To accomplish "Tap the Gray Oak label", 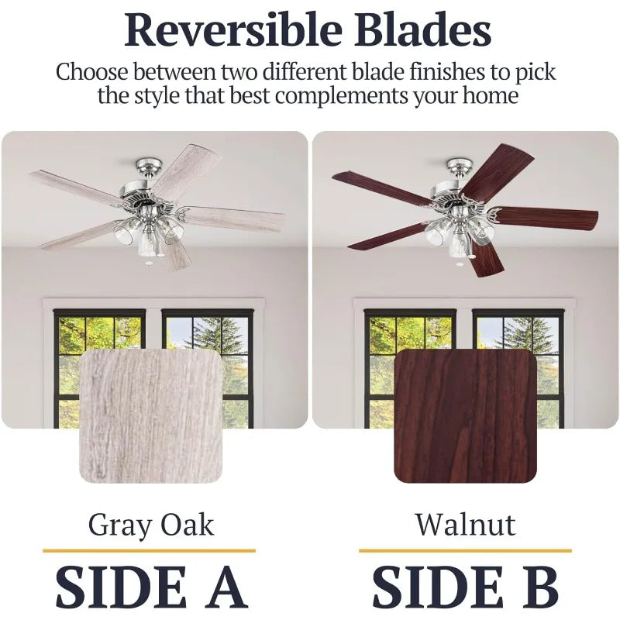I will (150, 525).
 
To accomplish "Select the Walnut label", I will (465, 525).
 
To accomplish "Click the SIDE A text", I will (150, 587).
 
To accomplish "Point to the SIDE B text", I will (465, 587).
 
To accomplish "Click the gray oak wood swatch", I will (150, 415).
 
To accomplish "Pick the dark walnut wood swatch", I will (465, 415).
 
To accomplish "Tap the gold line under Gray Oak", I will (150, 550).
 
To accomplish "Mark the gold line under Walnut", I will (465, 550).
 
